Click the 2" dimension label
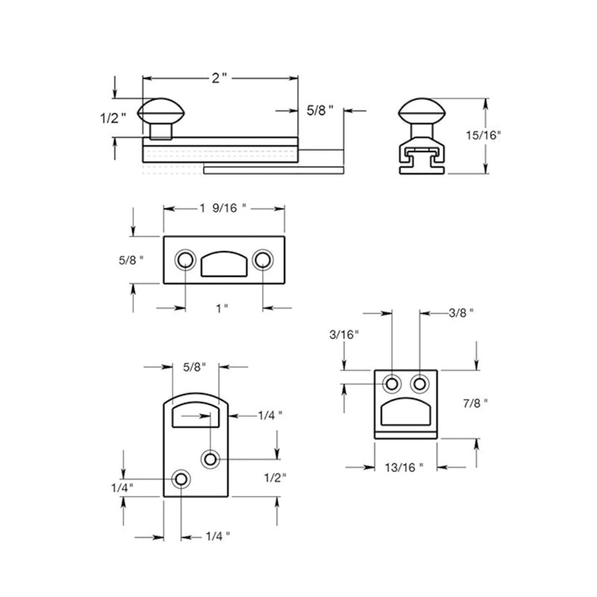(219, 78)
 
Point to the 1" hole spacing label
(221, 307)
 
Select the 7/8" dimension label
(475, 403)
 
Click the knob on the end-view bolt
(422, 112)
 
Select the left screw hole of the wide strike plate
(184, 260)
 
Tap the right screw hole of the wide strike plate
(262, 260)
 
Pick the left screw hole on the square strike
(392, 384)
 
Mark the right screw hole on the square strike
(419, 384)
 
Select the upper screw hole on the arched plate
(211, 458)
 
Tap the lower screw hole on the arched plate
(181, 478)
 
